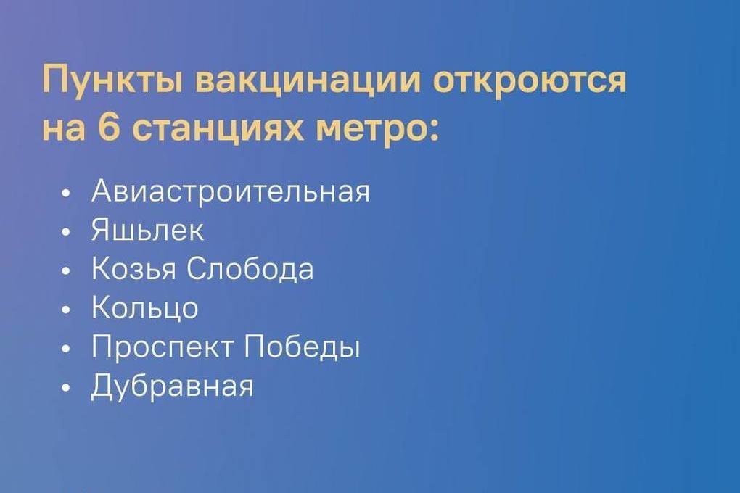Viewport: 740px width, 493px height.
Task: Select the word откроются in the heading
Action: tap(530, 80)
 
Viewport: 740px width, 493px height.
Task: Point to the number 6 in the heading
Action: tap(110, 127)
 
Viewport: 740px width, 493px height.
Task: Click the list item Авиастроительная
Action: tap(231, 192)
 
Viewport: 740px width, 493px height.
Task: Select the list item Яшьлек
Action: tap(147, 230)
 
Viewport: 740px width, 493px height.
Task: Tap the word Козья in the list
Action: tap(133, 269)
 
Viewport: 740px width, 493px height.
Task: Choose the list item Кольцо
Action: tap(144, 308)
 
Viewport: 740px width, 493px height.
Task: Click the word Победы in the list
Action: tap(303, 347)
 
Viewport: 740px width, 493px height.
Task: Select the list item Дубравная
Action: tap(172, 386)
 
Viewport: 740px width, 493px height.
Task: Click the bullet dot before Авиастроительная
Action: tap(65, 193)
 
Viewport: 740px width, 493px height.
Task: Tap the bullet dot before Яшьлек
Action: tap(65, 232)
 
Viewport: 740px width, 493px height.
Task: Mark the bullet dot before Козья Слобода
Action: tap(65, 270)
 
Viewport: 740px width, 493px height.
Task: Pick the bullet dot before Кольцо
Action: tap(65, 310)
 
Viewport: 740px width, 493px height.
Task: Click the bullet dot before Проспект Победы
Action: tap(65, 348)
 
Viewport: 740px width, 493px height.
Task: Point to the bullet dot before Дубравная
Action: tap(65, 387)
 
